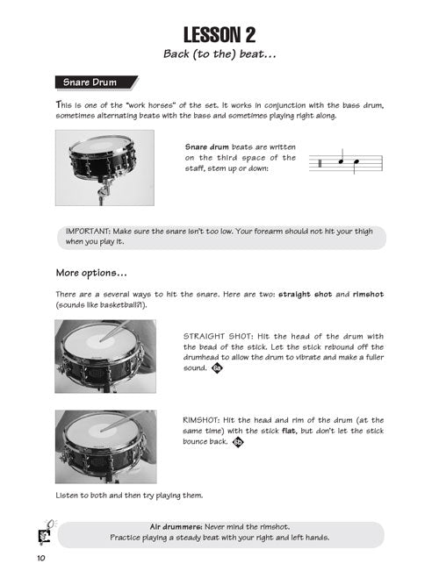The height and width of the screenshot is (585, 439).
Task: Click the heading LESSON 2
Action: (219, 35)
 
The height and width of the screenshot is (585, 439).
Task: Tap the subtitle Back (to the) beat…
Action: (219, 54)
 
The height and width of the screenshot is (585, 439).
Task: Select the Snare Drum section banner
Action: (97, 82)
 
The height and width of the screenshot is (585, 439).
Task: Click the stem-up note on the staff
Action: (342, 158)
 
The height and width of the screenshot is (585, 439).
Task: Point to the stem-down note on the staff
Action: (356, 165)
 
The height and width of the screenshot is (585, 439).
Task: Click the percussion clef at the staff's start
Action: (320, 163)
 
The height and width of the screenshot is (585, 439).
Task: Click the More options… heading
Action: (91, 273)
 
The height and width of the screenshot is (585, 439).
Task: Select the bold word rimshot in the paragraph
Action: (368, 295)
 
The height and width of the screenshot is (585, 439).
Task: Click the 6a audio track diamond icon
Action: (217, 368)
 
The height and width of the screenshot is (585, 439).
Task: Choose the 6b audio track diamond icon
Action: (238, 442)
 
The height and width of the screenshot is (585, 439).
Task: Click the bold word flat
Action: (289, 431)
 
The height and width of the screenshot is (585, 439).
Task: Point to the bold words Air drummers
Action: (176, 527)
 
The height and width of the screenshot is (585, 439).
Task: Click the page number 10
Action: (41, 558)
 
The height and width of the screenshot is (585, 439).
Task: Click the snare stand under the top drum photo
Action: (104, 190)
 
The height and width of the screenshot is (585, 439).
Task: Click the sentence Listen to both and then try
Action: (129, 496)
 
